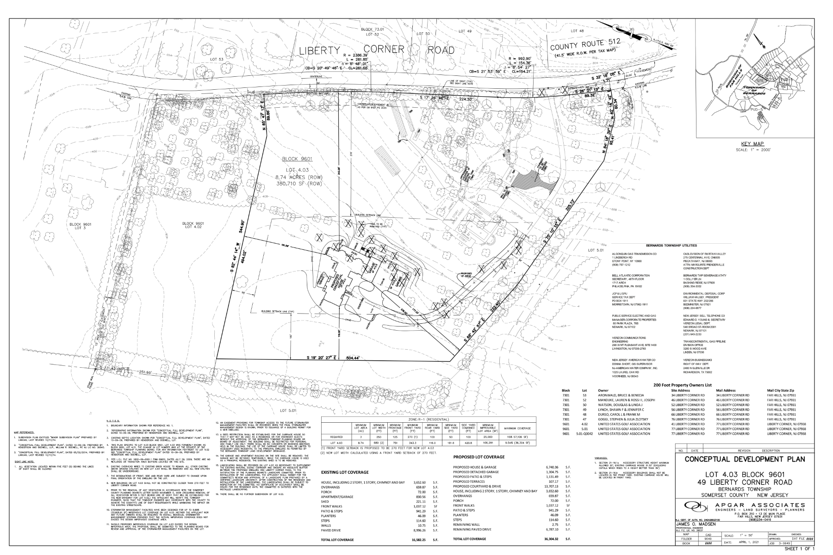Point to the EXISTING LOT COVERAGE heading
345,472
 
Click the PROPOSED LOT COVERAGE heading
479,457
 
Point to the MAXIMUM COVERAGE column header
517,428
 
